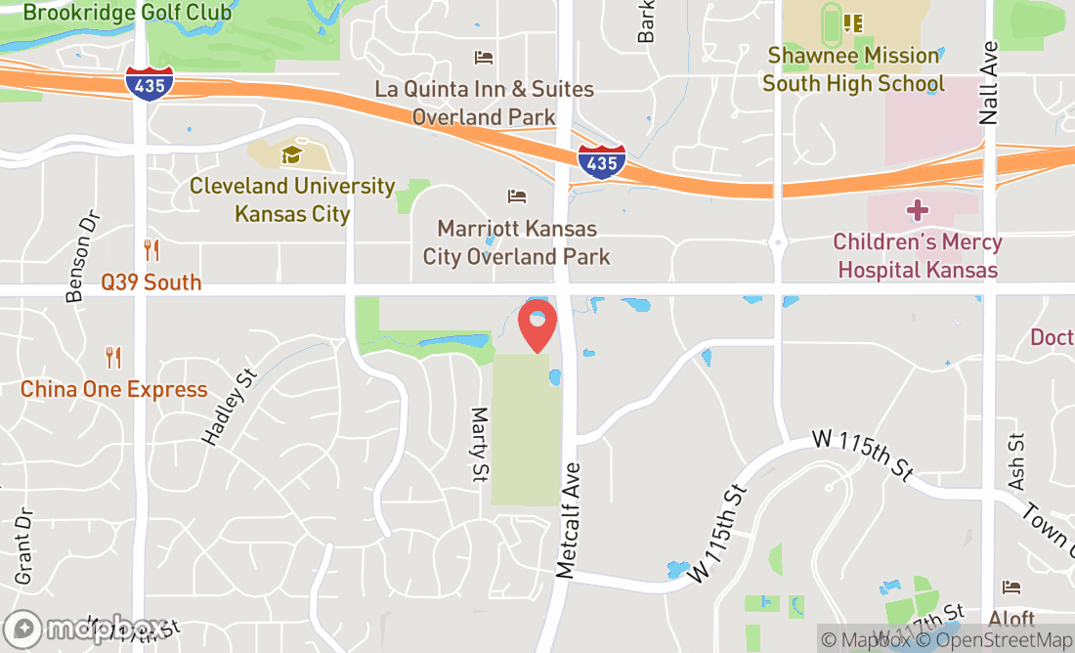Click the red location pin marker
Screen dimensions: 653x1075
[537, 326]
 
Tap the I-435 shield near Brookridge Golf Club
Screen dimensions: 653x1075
[150, 84]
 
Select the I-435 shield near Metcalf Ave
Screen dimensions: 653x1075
[600, 162]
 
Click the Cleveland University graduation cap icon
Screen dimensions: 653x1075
[291, 154]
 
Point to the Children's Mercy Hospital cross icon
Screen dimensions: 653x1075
[917, 210]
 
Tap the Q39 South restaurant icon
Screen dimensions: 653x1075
[150, 250]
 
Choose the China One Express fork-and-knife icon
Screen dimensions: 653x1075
[113, 358]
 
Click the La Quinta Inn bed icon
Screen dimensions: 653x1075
[484, 58]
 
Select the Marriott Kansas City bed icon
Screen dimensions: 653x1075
[517, 196]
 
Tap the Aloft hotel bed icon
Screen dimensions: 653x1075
[1010, 588]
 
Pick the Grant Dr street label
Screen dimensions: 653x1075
[23, 545]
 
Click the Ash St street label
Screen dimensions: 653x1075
[1016, 461]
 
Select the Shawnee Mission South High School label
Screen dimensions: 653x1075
[853, 69]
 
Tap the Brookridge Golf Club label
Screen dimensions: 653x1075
[127, 13]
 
